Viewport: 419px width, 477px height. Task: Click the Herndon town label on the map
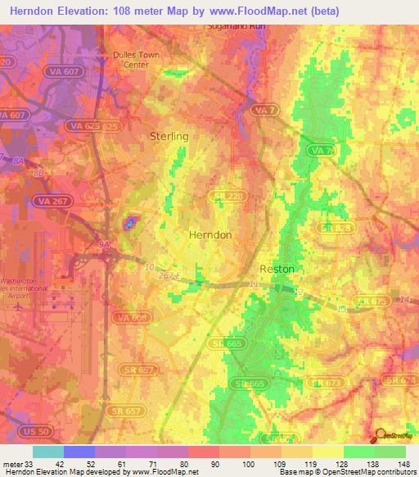pyautogui.click(x=210, y=234)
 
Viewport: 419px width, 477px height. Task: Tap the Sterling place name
pyautogui.click(x=169, y=136)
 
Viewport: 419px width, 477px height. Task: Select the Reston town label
pyautogui.click(x=277, y=269)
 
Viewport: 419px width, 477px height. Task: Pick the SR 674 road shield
pyautogui.click(x=402, y=382)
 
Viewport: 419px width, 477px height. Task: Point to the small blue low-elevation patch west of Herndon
pyautogui.click(x=129, y=223)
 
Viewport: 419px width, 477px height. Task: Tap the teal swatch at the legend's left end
pyautogui.click(x=48, y=452)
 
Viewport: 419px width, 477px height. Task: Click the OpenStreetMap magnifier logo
pyautogui.click(x=381, y=435)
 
